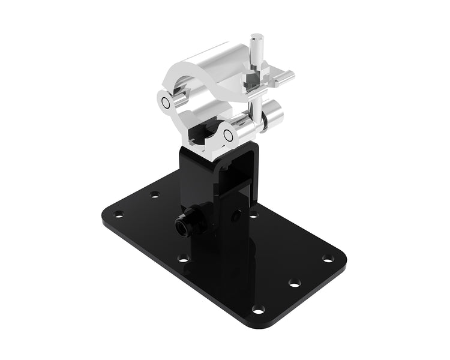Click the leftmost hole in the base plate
coord(119,214)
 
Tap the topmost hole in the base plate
coord(155,194)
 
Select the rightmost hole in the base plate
coord(328,258)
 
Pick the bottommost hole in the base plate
coord(258,310)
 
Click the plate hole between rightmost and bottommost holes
coord(295,282)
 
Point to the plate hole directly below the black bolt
coord(184,259)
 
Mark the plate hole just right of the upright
coord(254,214)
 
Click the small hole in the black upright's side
coord(238,214)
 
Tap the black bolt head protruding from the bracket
coord(182,226)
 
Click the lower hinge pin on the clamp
coord(229,136)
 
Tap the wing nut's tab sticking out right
coord(287,76)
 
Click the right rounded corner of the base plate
coord(342,258)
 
